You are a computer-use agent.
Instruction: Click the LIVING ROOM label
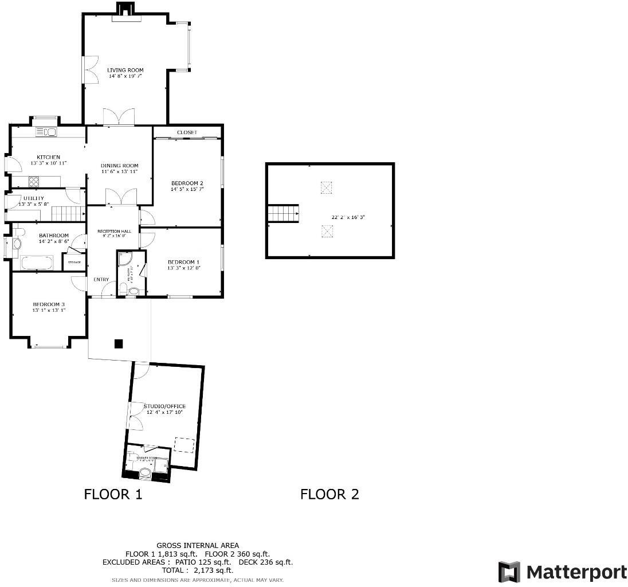[x=125, y=70]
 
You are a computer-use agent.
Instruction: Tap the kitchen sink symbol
[x=46, y=132]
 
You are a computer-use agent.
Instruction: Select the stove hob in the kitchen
[x=34, y=182]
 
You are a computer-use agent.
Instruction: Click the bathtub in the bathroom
[x=37, y=264]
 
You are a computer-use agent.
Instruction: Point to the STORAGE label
[x=74, y=263]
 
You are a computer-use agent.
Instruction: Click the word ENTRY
[x=101, y=280]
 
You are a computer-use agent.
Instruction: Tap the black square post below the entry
[x=119, y=344]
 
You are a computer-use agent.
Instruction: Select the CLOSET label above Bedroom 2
[x=187, y=132]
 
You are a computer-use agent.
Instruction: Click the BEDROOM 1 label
[x=183, y=261]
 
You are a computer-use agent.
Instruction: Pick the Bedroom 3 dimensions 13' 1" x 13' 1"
[x=49, y=310]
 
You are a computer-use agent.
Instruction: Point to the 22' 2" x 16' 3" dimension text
[x=348, y=217]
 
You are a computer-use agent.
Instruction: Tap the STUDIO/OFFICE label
[x=164, y=406]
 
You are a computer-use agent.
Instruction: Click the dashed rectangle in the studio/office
[x=184, y=446]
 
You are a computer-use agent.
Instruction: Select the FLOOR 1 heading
[x=113, y=494]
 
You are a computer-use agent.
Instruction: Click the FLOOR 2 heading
[x=329, y=494]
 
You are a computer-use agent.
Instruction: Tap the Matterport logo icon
[x=509, y=572]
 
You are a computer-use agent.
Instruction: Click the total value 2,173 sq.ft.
[x=213, y=570]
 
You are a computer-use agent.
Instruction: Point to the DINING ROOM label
[x=120, y=166]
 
